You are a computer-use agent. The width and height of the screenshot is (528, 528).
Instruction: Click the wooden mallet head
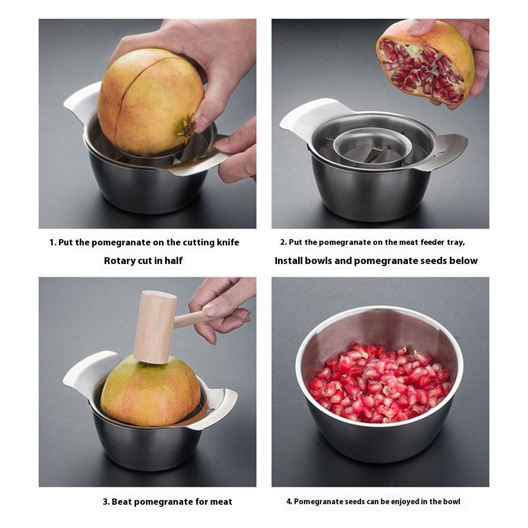[155, 327]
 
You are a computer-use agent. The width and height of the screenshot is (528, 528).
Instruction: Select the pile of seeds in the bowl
[379, 383]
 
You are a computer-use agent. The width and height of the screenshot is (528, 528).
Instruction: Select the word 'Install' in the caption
[288, 260]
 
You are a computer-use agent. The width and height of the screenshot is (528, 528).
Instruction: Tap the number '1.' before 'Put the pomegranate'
[53, 242]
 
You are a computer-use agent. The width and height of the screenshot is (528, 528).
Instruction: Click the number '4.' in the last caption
[289, 502]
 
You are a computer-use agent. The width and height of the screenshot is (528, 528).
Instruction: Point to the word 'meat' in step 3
[221, 502]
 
